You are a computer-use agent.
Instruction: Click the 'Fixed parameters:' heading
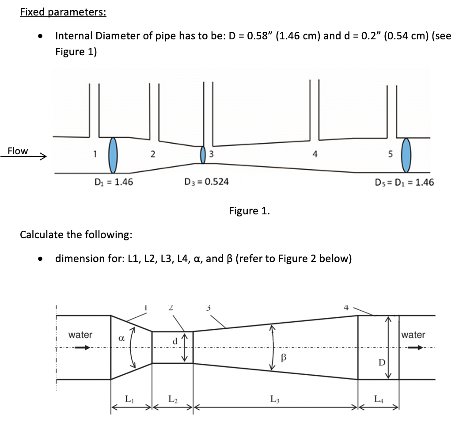(63, 12)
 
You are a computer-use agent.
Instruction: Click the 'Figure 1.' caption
(249, 211)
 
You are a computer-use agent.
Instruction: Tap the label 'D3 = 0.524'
(206, 182)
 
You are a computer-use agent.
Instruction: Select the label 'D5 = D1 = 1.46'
(404, 182)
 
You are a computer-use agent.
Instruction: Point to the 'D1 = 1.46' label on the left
(114, 182)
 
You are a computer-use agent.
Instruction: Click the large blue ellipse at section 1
(114, 155)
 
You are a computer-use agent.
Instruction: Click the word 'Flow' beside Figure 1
(18, 151)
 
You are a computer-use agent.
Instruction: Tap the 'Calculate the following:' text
(76, 234)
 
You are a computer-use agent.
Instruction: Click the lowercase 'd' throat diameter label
(175, 342)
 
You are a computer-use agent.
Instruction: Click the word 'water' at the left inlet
(80, 335)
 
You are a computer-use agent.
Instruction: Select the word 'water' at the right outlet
(413, 335)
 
